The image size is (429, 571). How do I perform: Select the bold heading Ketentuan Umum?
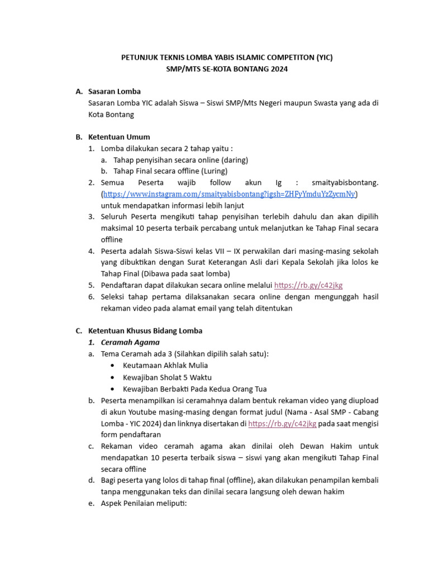point(119,137)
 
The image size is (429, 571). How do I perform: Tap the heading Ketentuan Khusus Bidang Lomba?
point(145,331)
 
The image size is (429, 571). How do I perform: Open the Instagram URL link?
point(229,194)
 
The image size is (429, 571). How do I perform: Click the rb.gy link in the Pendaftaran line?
point(308,285)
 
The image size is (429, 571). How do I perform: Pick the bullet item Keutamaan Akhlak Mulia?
point(165,365)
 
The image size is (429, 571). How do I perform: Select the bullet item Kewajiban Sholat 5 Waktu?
point(163,377)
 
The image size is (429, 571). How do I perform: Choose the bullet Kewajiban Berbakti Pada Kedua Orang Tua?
point(194,389)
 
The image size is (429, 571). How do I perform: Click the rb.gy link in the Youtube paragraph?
point(282,423)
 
